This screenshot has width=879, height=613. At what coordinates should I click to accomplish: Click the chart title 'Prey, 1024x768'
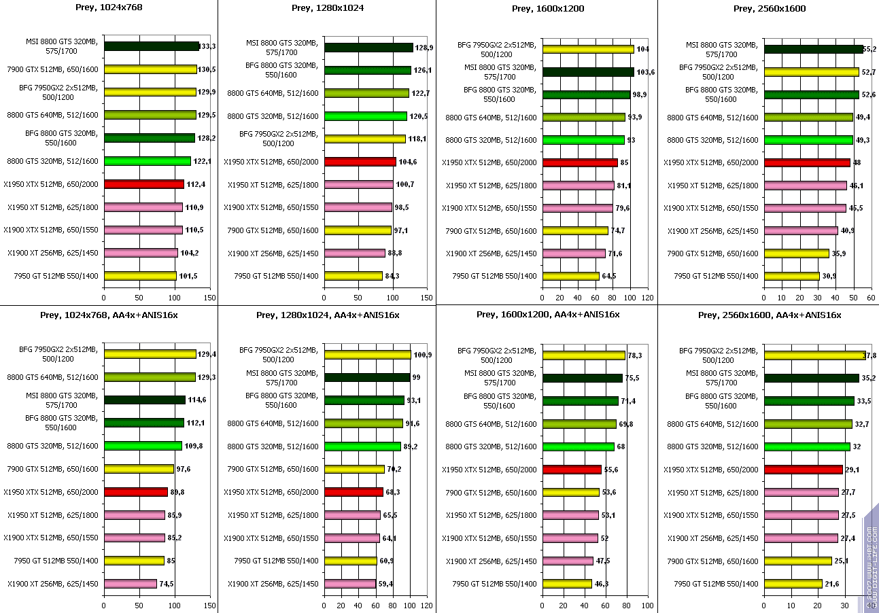click(x=108, y=8)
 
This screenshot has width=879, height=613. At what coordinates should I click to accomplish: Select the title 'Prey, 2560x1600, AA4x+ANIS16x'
click(x=769, y=315)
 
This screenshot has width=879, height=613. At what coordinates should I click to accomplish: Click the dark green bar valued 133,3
click(x=151, y=47)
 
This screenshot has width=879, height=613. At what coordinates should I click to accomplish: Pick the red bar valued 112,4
click(x=143, y=184)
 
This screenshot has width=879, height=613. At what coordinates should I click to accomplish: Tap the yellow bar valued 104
click(x=588, y=49)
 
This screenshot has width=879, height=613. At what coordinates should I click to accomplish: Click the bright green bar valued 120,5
click(x=365, y=116)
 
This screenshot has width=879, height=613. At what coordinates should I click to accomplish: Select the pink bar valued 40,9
click(x=801, y=230)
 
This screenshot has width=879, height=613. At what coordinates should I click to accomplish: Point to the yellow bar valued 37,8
click(x=814, y=355)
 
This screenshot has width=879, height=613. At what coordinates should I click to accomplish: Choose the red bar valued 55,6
click(x=572, y=470)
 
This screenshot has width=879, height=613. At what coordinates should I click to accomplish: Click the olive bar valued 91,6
click(x=363, y=423)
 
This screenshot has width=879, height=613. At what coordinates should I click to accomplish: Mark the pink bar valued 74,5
click(x=130, y=583)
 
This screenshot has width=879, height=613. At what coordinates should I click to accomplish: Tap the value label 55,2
click(x=869, y=50)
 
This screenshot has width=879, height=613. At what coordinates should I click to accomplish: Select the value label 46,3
click(x=601, y=584)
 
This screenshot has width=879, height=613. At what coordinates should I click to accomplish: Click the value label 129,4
click(x=207, y=355)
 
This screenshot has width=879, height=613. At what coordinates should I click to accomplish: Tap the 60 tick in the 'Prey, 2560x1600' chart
click(x=871, y=297)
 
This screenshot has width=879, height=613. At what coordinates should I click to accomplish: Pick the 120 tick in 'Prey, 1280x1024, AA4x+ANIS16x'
click(x=426, y=605)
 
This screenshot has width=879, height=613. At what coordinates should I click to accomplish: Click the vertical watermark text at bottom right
click(x=871, y=557)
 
